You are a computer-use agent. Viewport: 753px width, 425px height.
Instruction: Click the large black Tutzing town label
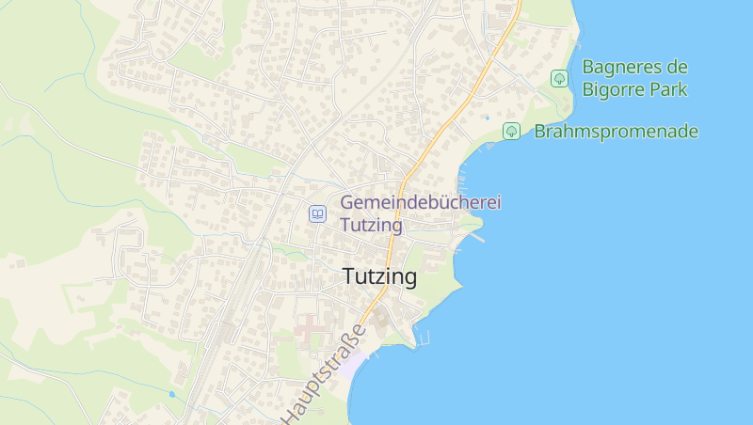coord(379,277)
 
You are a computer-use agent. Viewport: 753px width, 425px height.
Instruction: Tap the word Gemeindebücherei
coord(421,202)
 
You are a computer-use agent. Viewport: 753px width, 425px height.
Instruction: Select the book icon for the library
coord(318,214)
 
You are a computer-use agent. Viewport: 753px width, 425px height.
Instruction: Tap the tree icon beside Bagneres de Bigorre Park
coord(559,78)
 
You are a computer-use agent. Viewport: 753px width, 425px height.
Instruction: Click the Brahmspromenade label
coord(616,132)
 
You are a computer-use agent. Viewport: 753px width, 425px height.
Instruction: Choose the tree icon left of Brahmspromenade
coord(511,131)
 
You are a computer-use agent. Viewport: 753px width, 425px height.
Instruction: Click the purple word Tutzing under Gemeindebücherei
coord(371,226)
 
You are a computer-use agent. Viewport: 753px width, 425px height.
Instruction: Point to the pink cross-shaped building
coord(308,330)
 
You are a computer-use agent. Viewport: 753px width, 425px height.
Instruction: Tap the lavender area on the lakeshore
coord(349,365)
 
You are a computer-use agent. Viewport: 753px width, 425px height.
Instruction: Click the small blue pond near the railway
coord(171,394)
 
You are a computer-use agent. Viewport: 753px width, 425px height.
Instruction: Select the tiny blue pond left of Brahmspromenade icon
coord(487,118)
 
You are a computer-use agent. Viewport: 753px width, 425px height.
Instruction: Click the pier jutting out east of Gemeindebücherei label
coord(477,237)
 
